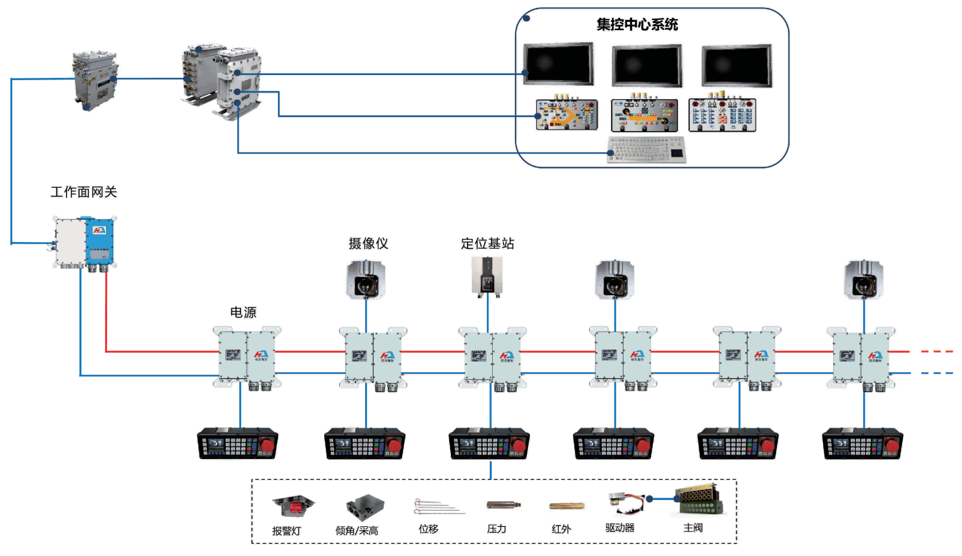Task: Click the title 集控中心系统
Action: pos(637,25)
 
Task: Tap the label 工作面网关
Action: pos(83,192)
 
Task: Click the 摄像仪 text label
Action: pos(368,243)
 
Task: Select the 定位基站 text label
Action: pos(487,243)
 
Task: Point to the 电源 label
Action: pos(243,312)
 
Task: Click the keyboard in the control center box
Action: pos(646,150)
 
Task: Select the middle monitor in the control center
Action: pos(647,66)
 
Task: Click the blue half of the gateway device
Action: pos(100,241)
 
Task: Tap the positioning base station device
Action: pos(487,275)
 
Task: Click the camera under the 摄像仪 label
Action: pos(366,280)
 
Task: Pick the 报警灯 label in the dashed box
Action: pos(286,531)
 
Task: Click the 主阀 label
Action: pos(693,528)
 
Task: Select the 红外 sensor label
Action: pos(561,529)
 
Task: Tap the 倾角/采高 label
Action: pos(357,531)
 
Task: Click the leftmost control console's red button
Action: pos(267,446)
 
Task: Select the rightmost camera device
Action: pos(863,280)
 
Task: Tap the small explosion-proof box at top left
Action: pos(95,78)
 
